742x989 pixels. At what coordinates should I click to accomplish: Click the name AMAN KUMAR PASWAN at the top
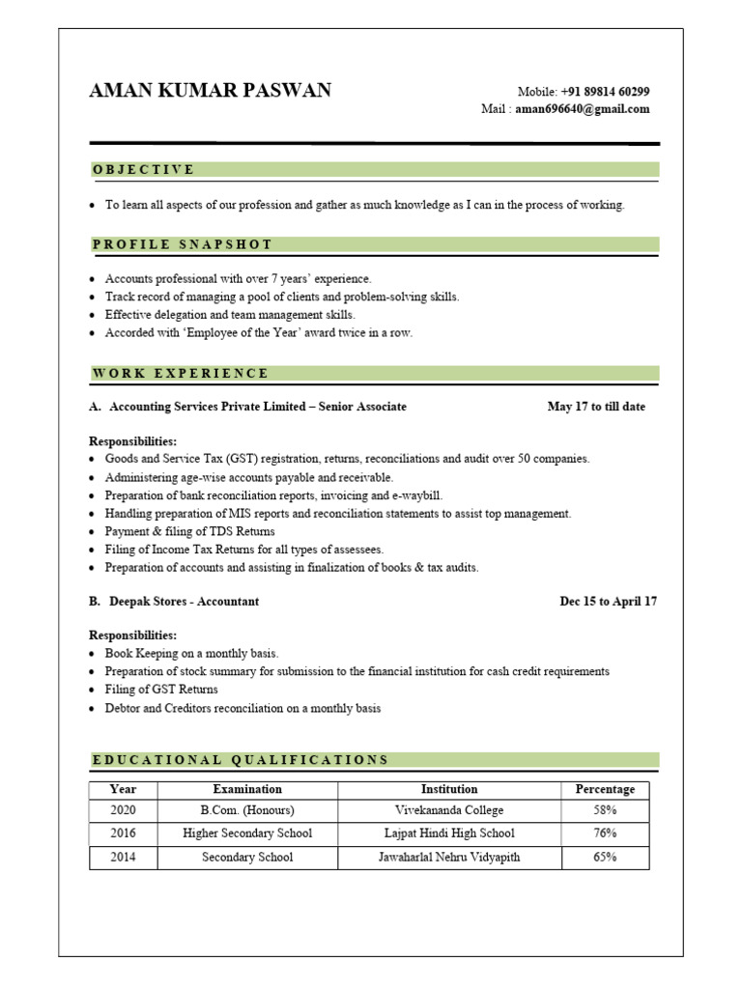(x=210, y=91)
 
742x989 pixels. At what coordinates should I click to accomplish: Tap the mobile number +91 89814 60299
(x=605, y=92)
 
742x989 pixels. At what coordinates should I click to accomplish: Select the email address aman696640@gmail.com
(x=582, y=109)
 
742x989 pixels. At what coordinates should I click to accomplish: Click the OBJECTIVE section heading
(x=144, y=170)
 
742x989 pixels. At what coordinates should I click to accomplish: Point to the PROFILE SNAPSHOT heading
(x=183, y=244)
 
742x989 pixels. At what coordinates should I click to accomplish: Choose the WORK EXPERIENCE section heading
(x=181, y=373)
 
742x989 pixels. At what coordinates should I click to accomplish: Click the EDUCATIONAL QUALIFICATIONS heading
(x=241, y=760)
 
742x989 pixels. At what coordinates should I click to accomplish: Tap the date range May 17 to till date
(x=596, y=407)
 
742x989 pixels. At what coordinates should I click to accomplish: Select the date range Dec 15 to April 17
(x=609, y=601)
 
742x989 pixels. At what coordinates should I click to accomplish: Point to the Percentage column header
(x=605, y=789)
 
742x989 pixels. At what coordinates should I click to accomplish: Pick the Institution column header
(x=449, y=789)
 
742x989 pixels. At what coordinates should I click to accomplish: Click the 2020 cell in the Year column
(x=124, y=810)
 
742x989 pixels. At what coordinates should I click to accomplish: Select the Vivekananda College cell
(x=449, y=810)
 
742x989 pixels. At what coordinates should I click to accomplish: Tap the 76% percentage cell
(x=605, y=833)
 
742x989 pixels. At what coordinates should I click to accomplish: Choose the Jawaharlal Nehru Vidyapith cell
(x=449, y=857)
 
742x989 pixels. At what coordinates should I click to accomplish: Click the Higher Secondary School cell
(x=247, y=833)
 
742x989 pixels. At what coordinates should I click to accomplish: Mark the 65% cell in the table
(x=605, y=857)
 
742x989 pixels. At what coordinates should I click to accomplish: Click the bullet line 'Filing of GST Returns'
(x=161, y=690)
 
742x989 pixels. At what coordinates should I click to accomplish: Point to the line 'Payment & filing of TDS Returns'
(x=189, y=531)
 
